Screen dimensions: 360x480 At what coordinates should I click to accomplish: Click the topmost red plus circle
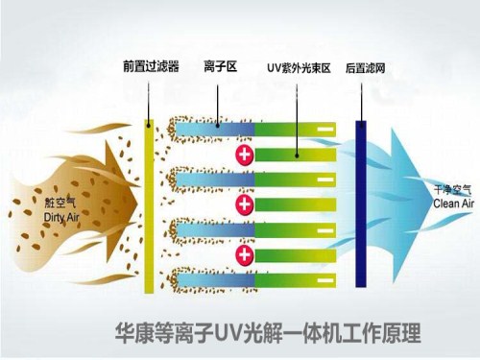pyautogui.click(x=245, y=154)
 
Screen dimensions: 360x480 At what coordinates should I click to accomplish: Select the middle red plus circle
pyautogui.click(x=245, y=204)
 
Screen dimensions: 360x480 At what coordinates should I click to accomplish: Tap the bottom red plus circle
pyautogui.click(x=245, y=255)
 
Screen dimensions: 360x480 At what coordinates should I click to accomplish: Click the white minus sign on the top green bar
pyautogui.click(x=325, y=128)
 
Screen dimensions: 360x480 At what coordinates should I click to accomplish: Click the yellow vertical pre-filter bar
pyautogui.click(x=148, y=205)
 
